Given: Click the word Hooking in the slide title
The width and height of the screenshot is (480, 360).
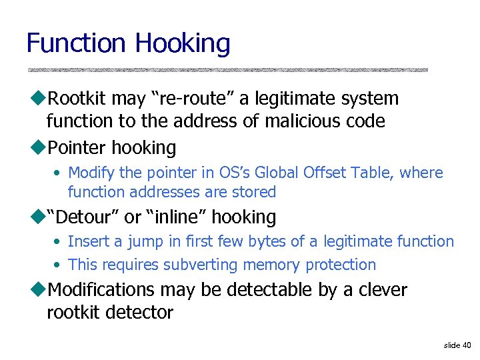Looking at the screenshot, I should [x=182, y=44].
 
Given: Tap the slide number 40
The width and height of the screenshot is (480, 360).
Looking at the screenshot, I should [x=465, y=345].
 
